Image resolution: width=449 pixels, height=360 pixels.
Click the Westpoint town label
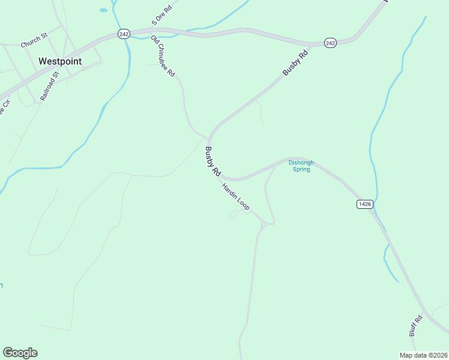click(60, 61)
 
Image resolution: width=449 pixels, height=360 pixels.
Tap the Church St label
click(34, 41)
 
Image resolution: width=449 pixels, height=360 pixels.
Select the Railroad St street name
click(49, 86)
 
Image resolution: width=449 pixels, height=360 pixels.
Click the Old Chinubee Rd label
click(163, 56)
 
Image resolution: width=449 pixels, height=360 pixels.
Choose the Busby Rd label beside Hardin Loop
click(213, 161)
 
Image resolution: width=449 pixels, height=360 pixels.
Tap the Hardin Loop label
click(235, 196)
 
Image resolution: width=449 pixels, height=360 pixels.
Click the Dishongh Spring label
click(301, 166)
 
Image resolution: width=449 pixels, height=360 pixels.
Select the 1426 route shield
click(364, 204)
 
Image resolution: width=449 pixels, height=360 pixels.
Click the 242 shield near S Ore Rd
click(124, 34)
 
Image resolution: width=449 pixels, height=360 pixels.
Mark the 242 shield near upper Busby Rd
click(330, 43)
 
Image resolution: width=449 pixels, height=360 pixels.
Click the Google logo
click(20, 352)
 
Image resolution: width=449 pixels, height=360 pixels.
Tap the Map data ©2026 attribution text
click(423, 355)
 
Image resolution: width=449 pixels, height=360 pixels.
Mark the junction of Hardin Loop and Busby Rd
click(221, 176)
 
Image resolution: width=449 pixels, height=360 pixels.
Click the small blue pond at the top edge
click(103, 10)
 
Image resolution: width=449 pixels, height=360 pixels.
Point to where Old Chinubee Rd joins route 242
click(151, 30)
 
